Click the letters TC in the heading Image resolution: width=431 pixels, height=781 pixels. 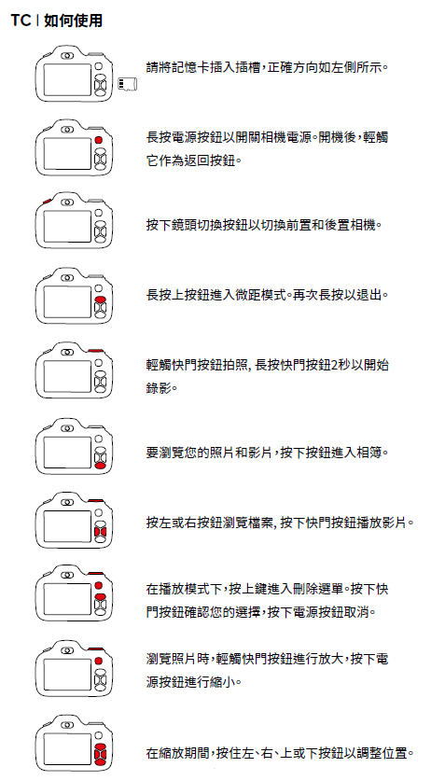pos(21,21)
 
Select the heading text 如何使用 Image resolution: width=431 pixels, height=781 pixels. pos(74,21)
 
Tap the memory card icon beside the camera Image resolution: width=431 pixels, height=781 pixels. pos(128,84)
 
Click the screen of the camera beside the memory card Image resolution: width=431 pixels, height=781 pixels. pos(67,79)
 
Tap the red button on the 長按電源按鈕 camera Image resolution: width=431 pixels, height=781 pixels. pos(99,140)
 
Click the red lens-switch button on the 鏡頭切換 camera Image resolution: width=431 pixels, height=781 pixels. pos(48,201)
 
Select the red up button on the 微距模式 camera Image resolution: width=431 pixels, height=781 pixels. pos(100,300)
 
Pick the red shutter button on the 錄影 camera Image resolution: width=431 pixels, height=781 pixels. pos(95,351)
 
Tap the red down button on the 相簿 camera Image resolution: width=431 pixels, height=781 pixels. pos(100,466)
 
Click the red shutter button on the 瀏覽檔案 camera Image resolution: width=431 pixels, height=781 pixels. pos(95,500)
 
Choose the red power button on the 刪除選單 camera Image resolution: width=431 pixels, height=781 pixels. pos(99,586)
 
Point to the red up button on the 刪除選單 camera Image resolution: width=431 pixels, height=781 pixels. pos(100,596)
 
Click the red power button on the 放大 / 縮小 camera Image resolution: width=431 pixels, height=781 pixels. pos(99,661)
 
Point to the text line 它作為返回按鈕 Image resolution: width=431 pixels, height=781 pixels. pos(191,160)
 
